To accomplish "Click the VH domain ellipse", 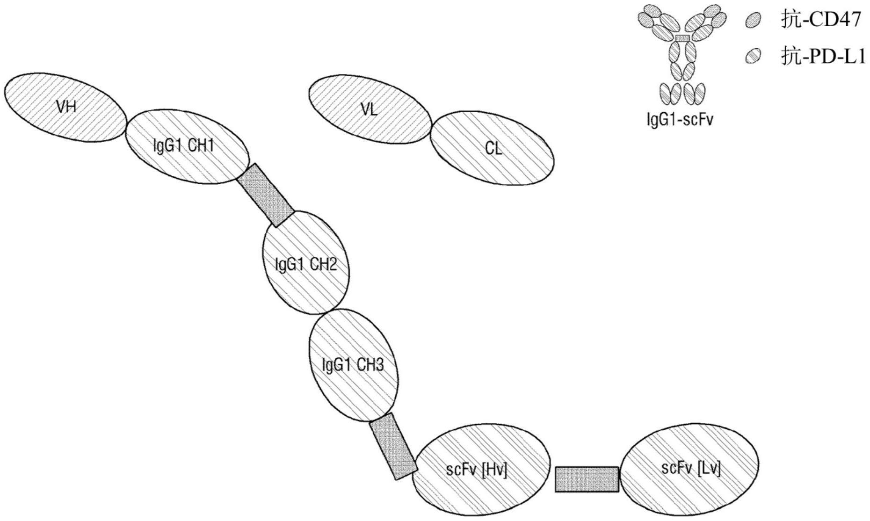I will pyautogui.click(x=65, y=108).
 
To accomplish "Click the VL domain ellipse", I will pyautogui.click(x=370, y=109).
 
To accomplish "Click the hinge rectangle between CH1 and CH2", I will pyautogui.click(x=266, y=195).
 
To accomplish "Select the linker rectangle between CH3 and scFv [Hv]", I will pyautogui.click(x=393, y=447).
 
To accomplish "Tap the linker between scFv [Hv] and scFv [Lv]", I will pyautogui.click(x=587, y=479).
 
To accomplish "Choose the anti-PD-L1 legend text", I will pyautogui.click(x=823, y=57).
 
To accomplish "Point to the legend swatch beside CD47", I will pyautogui.click(x=753, y=21).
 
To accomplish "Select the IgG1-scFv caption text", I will pyautogui.click(x=680, y=120).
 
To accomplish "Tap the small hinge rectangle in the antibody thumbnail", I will pyautogui.click(x=683, y=37).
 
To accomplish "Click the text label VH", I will pyautogui.click(x=66, y=107).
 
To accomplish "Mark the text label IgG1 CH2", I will pyautogui.click(x=306, y=265).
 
